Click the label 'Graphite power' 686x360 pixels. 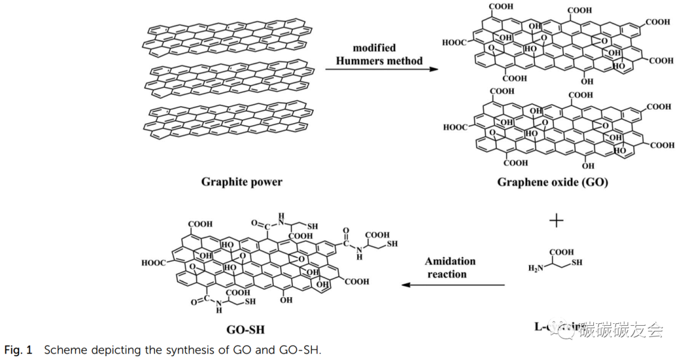click(241, 182)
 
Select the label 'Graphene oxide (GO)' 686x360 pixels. click(552, 183)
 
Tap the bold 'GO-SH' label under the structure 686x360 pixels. click(245, 330)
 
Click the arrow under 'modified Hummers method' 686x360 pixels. click(382, 69)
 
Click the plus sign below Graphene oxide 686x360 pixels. click(556, 221)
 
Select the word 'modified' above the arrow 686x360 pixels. click(374, 48)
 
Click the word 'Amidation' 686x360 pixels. click(450, 261)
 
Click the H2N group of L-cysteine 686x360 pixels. click(537, 269)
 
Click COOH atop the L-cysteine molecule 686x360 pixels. click(561, 251)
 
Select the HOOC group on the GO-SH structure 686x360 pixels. click(154, 262)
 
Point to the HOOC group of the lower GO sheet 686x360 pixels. click(456, 128)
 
